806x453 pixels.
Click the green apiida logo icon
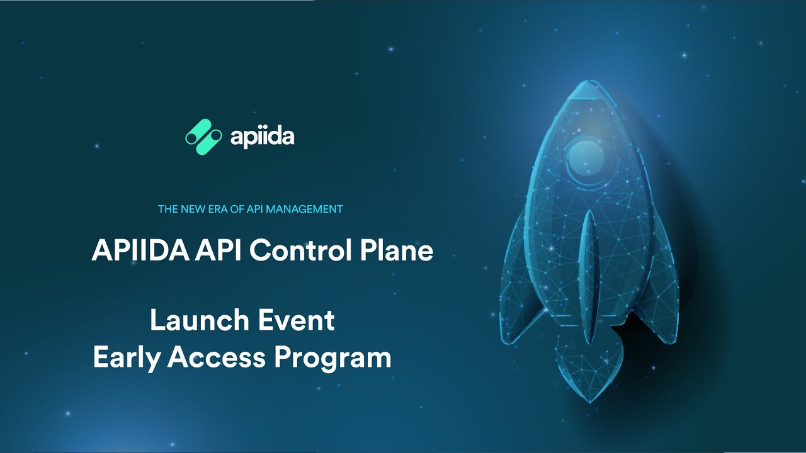pos(203,137)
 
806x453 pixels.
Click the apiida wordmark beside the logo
pos(263,137)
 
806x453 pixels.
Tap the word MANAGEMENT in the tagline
pos(304,209)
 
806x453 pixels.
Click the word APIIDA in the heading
pos(140,250)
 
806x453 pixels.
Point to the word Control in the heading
pos(300,250)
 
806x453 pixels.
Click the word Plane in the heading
pos(397,250)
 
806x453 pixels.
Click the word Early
pos(126,358)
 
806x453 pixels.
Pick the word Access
pos(217,357)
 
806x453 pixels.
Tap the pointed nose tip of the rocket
pos(589,81)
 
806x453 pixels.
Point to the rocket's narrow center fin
pos(588,277)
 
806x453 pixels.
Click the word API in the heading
pos(218,250)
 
